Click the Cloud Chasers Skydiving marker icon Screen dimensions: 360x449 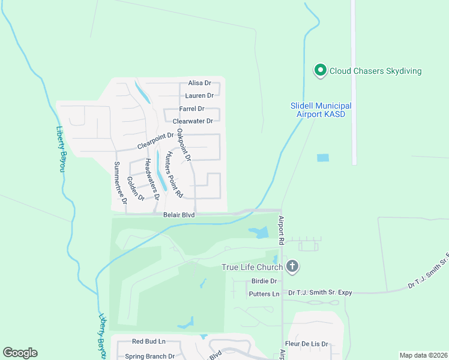(320, 71)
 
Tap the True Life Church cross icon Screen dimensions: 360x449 (292, 266)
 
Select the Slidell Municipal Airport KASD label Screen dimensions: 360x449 (321, 109)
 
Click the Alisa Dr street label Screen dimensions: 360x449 (200, 83)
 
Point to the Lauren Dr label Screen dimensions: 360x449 (200, 95)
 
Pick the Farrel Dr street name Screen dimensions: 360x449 (192, 109)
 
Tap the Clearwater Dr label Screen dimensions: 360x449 (193, 121)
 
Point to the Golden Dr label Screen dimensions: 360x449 (136, 188)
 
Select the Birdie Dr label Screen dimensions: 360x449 (264, 281)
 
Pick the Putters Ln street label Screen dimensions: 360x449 (264, 293)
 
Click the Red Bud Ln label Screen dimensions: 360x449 (148, 341)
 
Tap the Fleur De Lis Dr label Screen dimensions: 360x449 (307, 344)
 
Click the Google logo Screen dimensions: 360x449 (20, 353)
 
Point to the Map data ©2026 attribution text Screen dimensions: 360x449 (423, 355)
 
